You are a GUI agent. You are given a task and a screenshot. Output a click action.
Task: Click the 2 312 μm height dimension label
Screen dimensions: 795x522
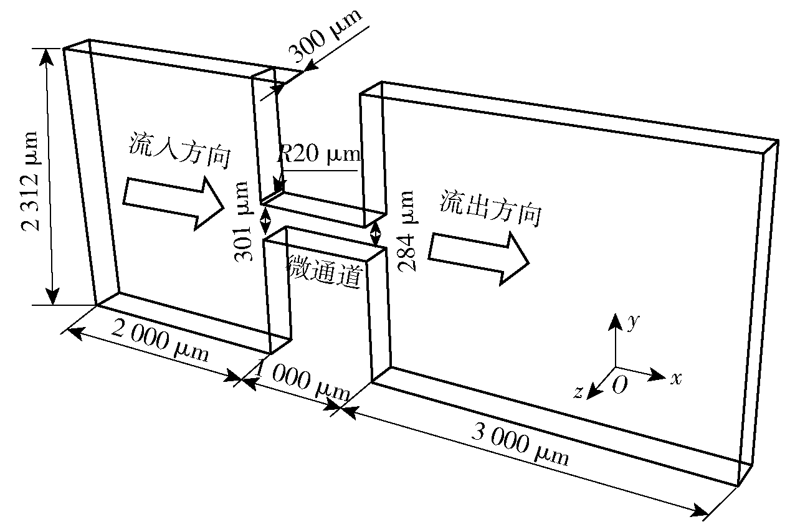click(x=30, y=181)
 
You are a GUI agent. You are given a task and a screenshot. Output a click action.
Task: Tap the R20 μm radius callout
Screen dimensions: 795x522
click(x=318, y=153)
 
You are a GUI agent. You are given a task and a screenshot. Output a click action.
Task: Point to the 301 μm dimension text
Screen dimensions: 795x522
click(x=244, y=221)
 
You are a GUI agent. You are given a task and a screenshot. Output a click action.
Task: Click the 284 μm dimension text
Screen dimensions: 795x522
click(x=406, y=231)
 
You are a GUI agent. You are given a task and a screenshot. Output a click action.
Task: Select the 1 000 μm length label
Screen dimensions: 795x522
click(x=302, y=379)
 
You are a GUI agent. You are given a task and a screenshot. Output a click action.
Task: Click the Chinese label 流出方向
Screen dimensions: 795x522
click(x=491, y=208)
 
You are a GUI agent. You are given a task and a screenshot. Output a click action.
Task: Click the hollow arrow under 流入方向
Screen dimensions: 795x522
click(x=174, y=203)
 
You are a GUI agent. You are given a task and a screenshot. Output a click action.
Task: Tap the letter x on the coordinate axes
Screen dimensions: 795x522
click(x=676, y=379)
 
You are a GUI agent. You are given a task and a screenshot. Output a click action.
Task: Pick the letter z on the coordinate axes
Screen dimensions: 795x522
click(x=578, y=392)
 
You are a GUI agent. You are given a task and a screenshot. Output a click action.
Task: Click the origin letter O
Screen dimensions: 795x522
click(x=620, y=385)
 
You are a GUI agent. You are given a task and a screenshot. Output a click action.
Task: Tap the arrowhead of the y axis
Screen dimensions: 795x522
click(x=616, y=321)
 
